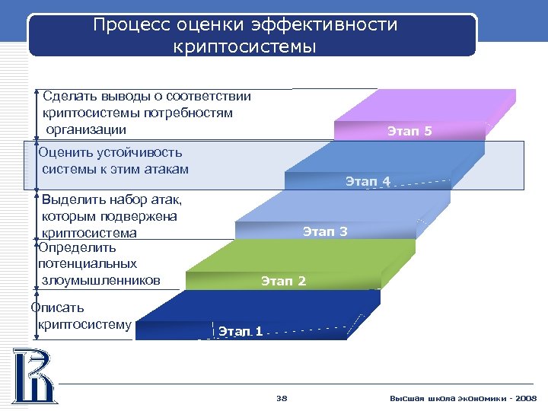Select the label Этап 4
coord(368,181)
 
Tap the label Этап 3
coord(325,231)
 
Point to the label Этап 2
coord(283,282)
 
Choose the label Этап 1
coord(241,331)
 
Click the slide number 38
coord(282,398)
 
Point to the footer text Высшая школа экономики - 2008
coord(463,398)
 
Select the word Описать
coord(57,308)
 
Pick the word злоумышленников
coord(100,280)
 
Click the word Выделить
coord(73,200)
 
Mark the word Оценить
coord(67,153)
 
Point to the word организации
coord(84,129)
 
